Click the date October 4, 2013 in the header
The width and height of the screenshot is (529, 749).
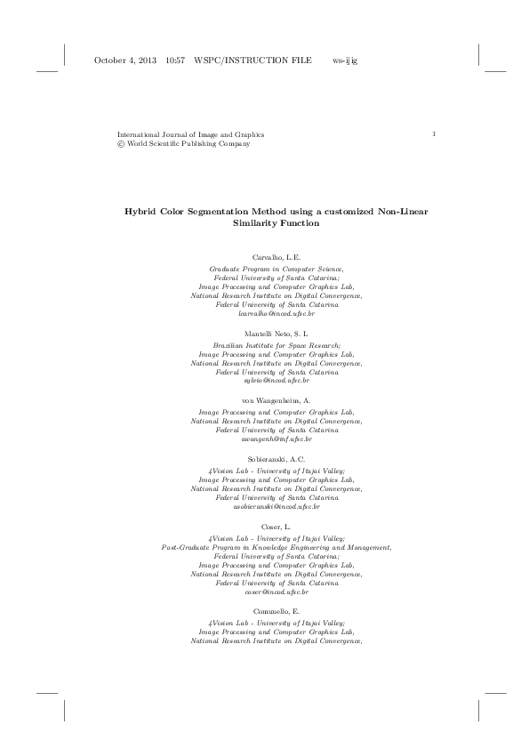click(x=124, y=60)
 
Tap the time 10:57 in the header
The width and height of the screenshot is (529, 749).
click(x=174, y=60)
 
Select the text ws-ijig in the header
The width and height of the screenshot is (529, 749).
click(x=344, y=60)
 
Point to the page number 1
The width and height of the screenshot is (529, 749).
click(x=432, y=133)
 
